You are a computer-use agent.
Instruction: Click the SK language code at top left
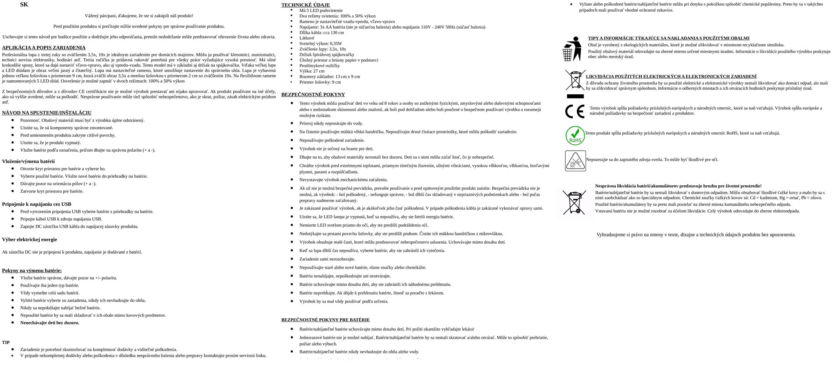24,4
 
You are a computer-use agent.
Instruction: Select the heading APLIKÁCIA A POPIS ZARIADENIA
44,48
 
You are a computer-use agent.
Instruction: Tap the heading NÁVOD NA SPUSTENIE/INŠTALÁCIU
47,113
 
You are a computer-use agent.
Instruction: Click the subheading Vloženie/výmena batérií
28,161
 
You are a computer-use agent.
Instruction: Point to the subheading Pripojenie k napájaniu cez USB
37,204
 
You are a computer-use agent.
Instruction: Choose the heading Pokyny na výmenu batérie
32,271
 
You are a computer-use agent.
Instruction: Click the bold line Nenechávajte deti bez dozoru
50,323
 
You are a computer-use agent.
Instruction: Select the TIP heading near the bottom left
6,342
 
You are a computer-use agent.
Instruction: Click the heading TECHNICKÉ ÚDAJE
305,5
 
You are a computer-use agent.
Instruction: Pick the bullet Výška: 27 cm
312,71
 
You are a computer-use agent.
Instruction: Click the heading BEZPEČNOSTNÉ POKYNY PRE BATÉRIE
325,320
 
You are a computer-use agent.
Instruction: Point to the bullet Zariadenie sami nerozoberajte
327,259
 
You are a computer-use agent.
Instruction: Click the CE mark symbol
574,111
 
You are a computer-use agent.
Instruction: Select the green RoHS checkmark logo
575,135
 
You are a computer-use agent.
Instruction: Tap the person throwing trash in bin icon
572,48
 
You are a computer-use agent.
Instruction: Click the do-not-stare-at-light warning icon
575,161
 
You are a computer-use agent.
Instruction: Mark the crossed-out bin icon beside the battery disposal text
574,202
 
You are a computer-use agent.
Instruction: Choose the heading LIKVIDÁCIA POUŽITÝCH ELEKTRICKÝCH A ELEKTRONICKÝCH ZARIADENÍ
671,76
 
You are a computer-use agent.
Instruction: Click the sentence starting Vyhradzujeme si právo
696,235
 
